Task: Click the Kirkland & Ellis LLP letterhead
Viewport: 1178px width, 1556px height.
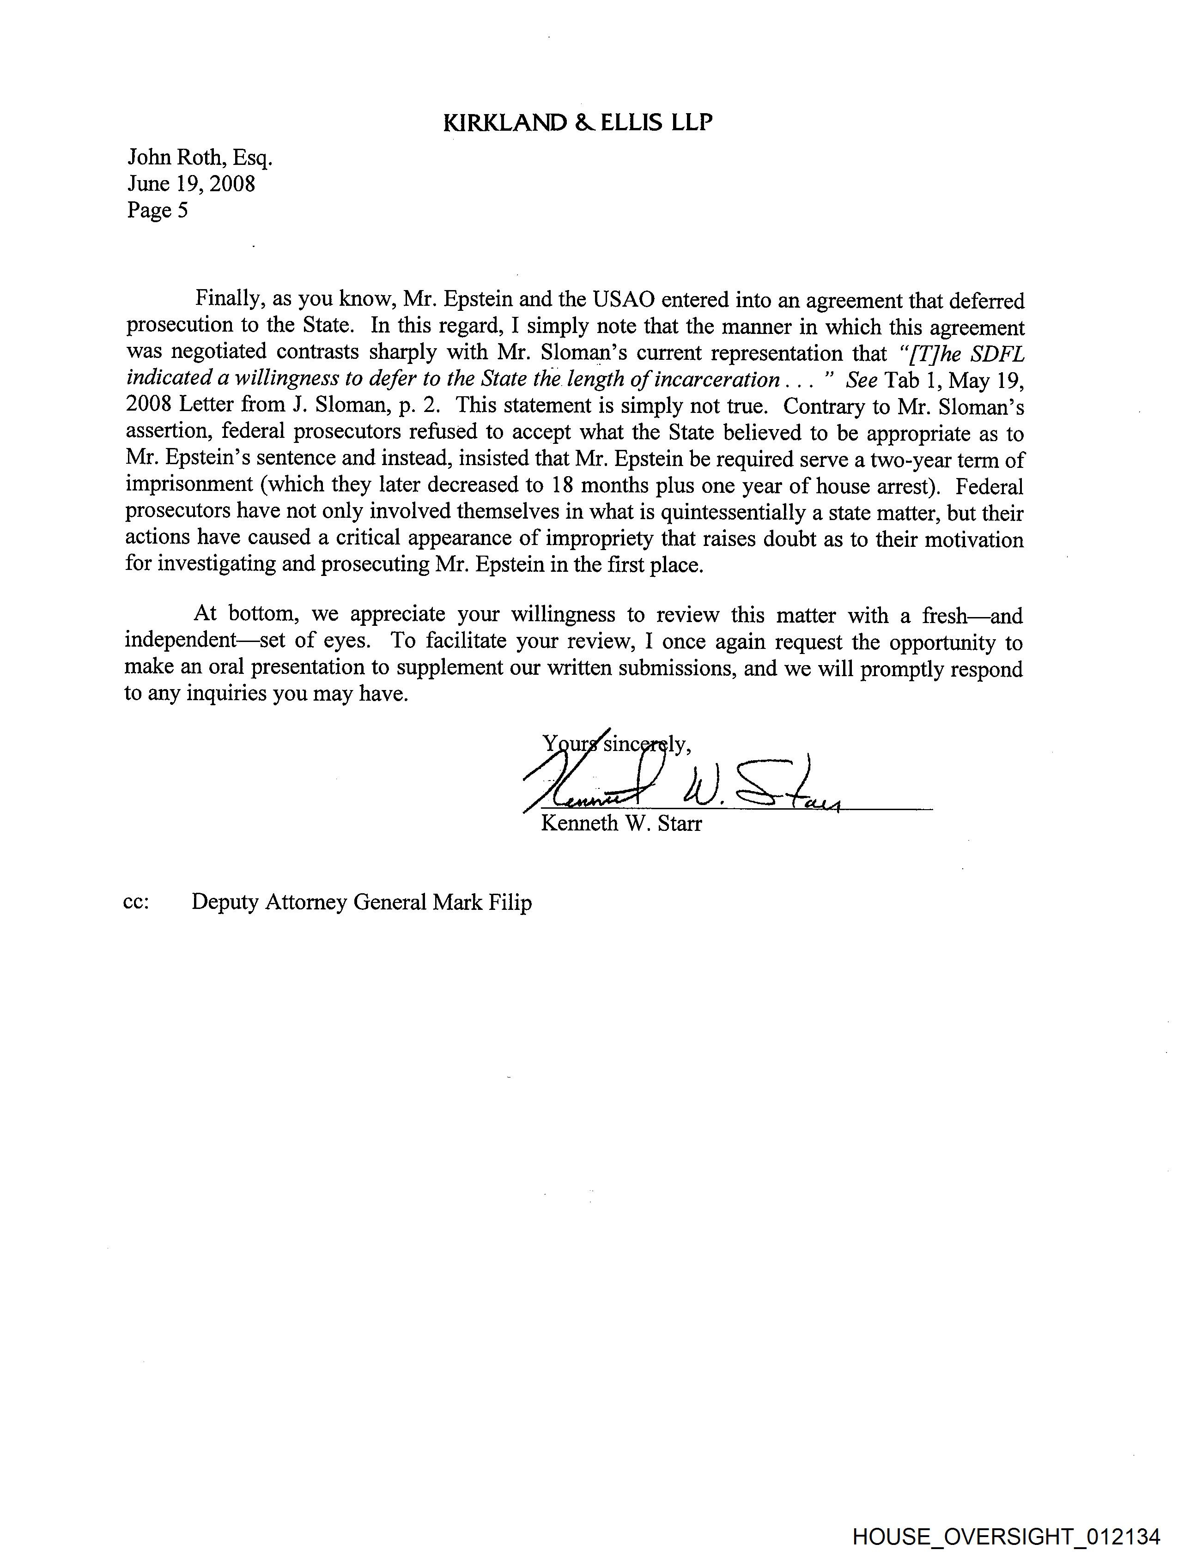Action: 578,123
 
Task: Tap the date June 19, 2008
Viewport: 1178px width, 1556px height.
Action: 191,184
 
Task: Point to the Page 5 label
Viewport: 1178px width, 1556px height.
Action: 158,210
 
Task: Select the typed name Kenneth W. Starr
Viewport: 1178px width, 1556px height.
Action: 621,823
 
